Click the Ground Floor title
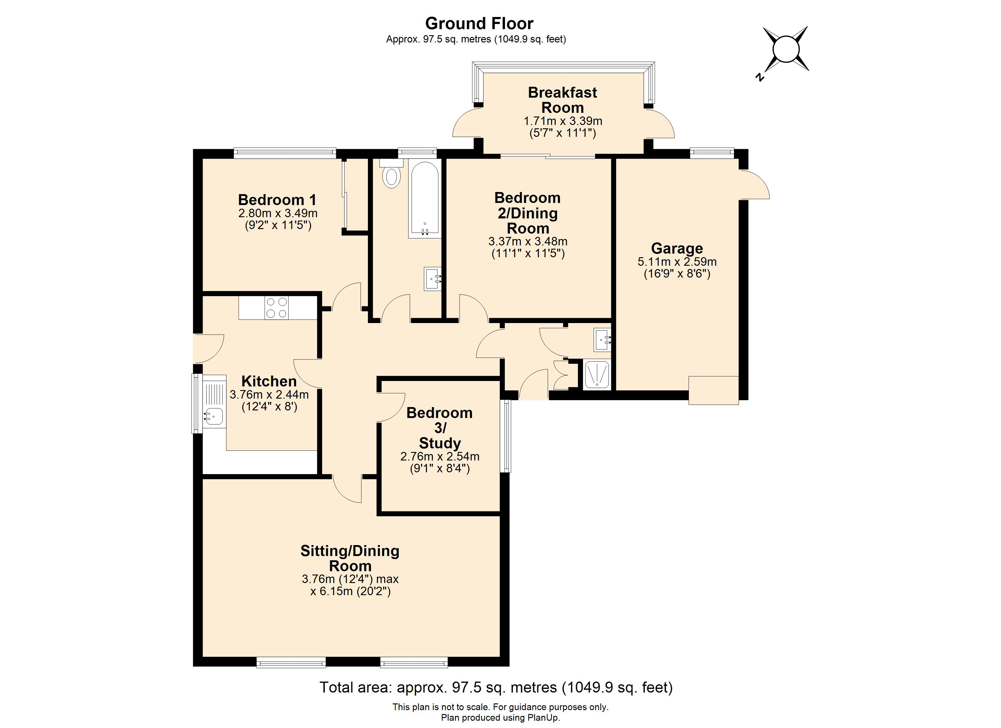point(479,23)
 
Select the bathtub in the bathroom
point(425,199)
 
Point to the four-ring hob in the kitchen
point(277,308)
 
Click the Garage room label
point(677,248)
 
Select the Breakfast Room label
point(562,100)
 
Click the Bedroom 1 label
point(278,200)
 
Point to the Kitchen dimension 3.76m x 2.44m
point(269,394)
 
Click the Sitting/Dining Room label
point(350,558)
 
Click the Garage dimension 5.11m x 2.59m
point(677,261)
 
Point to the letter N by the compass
point(760,77)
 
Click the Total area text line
point(496,687)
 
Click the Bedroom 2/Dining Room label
point(527,213)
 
